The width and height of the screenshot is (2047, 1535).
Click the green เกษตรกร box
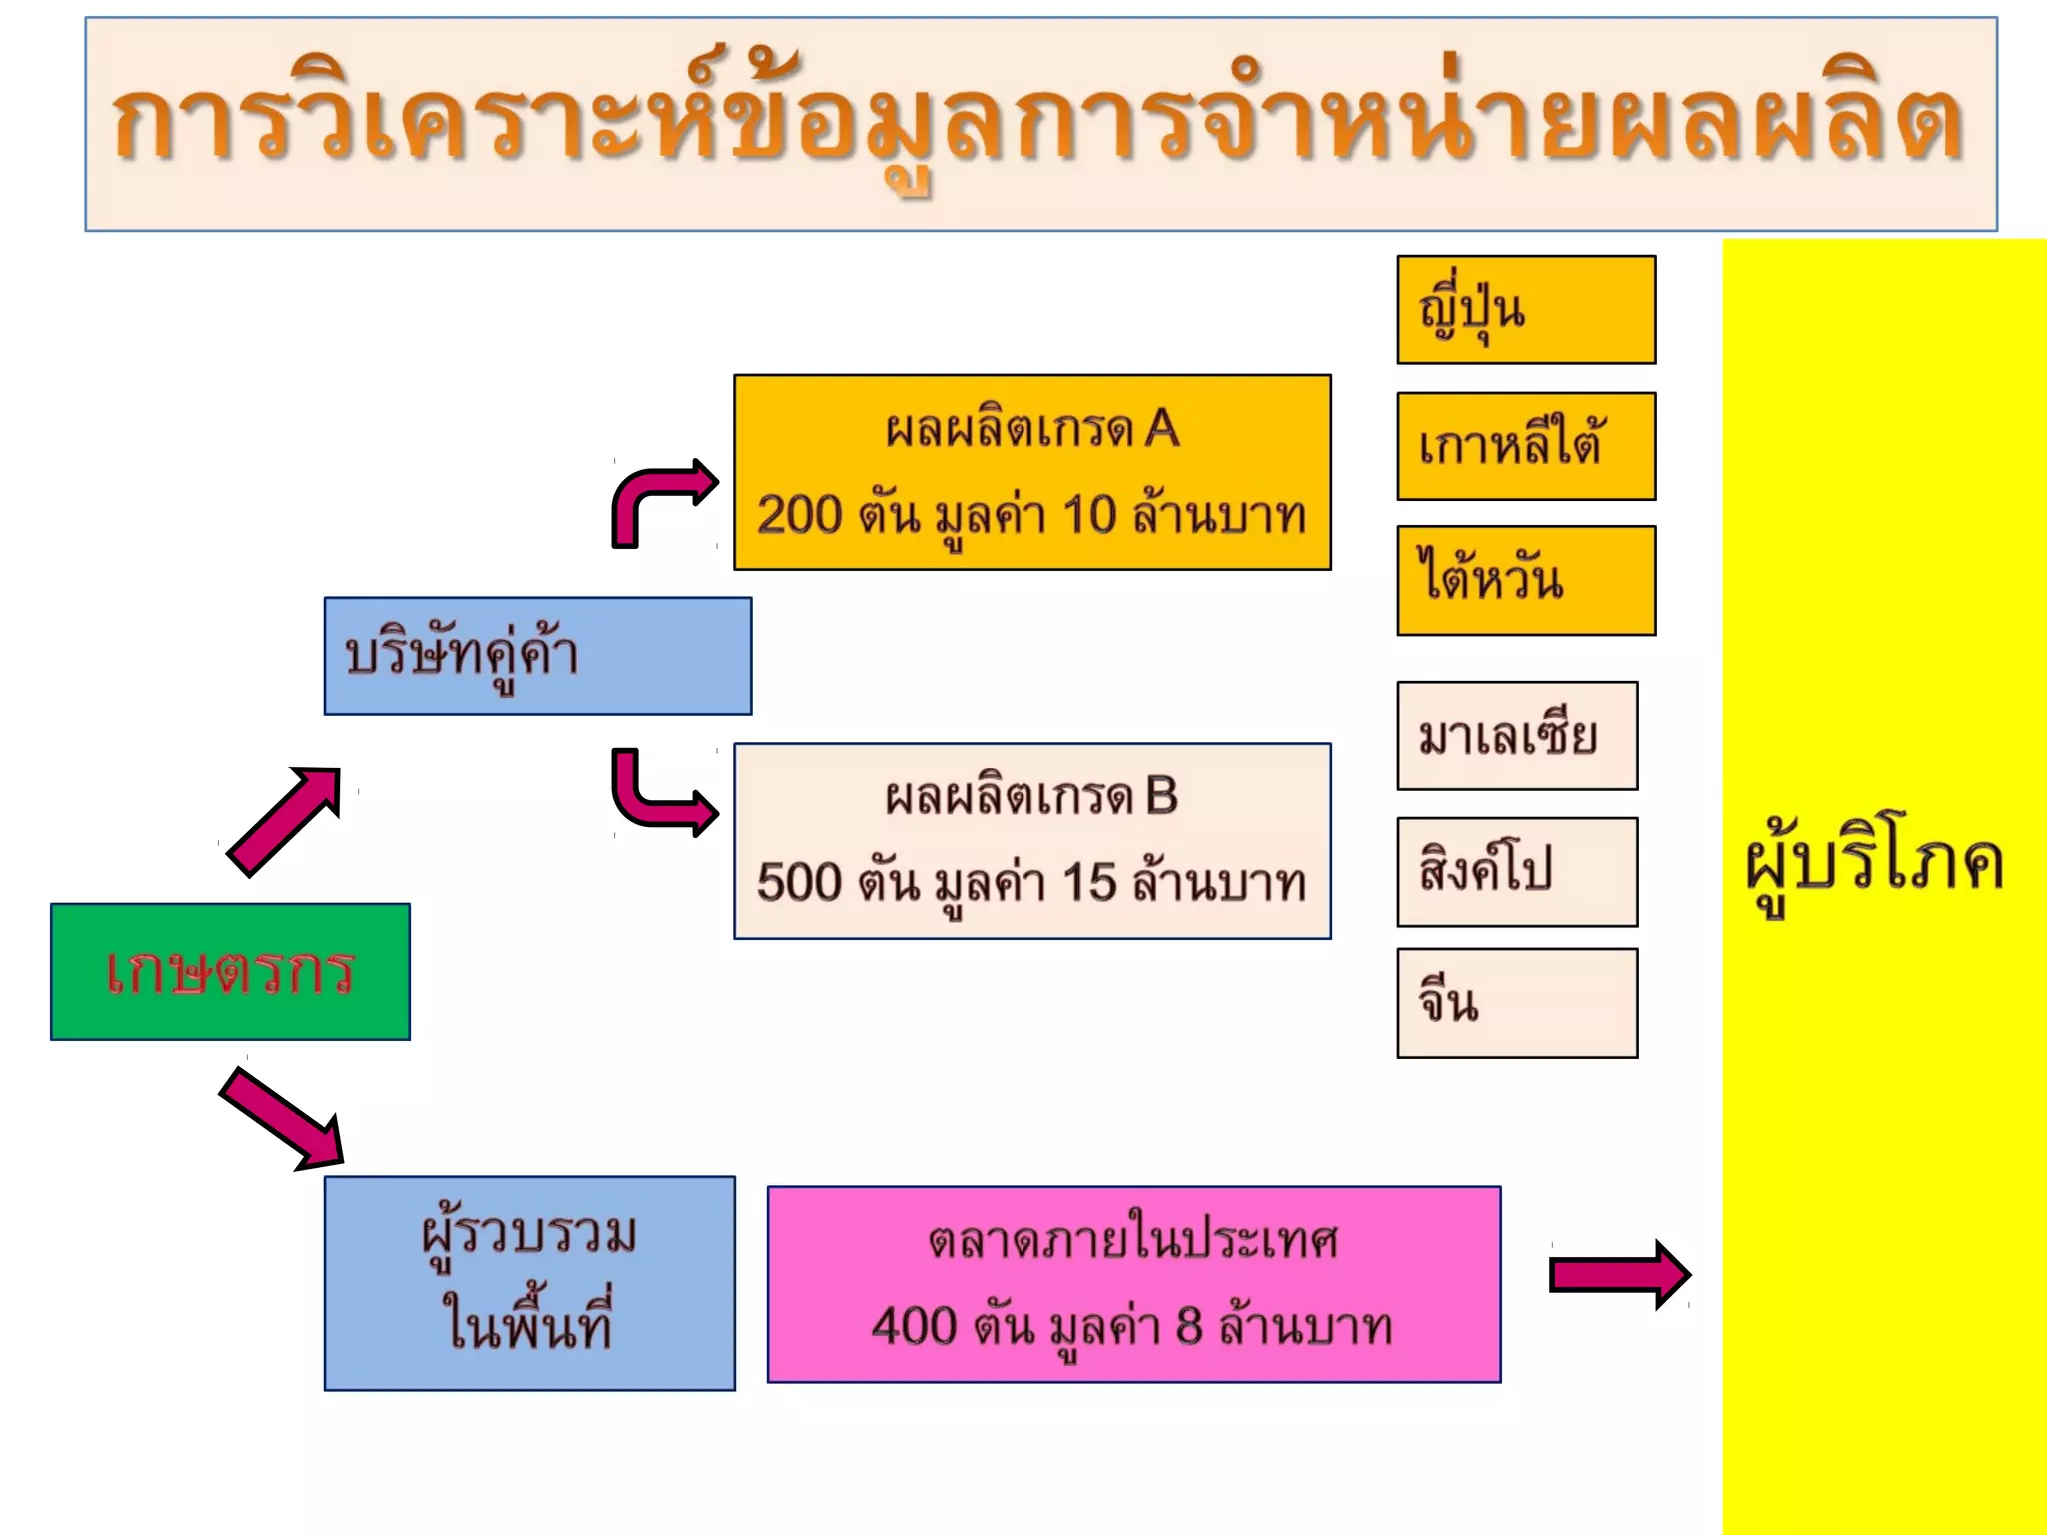[230, 971]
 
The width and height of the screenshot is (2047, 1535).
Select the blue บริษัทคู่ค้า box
[537, 656]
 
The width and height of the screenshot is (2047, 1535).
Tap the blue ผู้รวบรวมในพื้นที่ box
[529, 1283]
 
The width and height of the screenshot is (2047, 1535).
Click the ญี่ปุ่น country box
[1525, 310]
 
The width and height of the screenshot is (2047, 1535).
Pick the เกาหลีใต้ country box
[1525, 446]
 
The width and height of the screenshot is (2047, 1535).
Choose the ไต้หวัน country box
[1525, 580]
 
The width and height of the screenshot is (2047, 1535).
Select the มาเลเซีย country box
[1516, 736]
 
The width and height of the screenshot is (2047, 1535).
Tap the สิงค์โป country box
[1516, 871]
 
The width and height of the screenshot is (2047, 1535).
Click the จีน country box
[1516, 1003]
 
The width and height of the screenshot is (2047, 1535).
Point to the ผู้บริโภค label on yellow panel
[1875, 865]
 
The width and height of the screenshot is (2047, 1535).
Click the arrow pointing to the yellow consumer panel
[1619, 1274]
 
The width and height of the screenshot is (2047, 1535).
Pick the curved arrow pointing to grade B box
[660, 794]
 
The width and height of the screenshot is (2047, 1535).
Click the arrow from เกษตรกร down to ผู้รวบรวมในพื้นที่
[285, 1119]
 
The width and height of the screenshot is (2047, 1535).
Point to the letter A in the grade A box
[1162, 430]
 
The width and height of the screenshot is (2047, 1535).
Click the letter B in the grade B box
[1161, 797]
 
